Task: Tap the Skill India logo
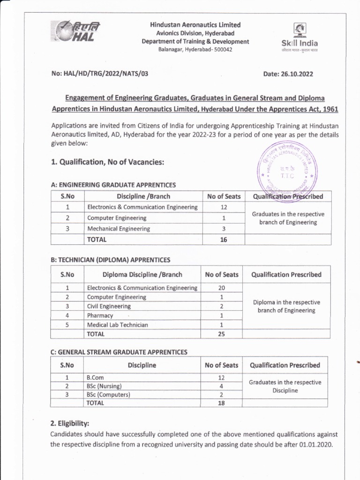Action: (x=299, y=35)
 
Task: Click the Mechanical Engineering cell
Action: (x=119, y=229)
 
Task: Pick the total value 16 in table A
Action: (x=224, y=240)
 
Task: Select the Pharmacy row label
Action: (x=100, y=315)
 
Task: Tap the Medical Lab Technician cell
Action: (x=117, y=324)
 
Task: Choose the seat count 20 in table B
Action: (x=221, y=288)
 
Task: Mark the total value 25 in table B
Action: (x=221, y=334)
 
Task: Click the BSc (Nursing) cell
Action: (x=104, y=386)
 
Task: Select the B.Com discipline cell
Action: (x=94, y=377)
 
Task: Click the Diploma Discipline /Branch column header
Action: (x=142, y=275)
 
